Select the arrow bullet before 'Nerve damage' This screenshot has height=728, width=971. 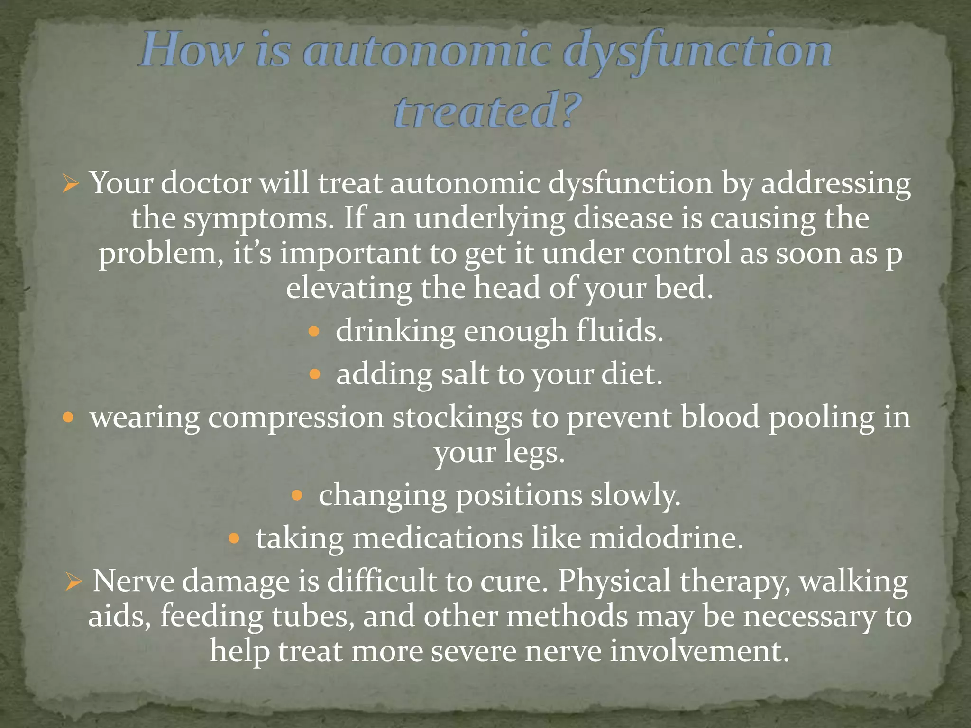click(x=74, y=582)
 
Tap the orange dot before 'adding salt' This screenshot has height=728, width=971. click(x=315, y=375)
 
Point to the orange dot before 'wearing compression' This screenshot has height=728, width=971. click(x=68, y=418)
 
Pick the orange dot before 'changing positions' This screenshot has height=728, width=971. click(x=297, y=496)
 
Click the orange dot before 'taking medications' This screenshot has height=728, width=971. click(x=235, y=538)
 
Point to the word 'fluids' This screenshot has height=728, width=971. click(x=619, y=331)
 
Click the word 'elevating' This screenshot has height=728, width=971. click(x=349, y=288)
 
